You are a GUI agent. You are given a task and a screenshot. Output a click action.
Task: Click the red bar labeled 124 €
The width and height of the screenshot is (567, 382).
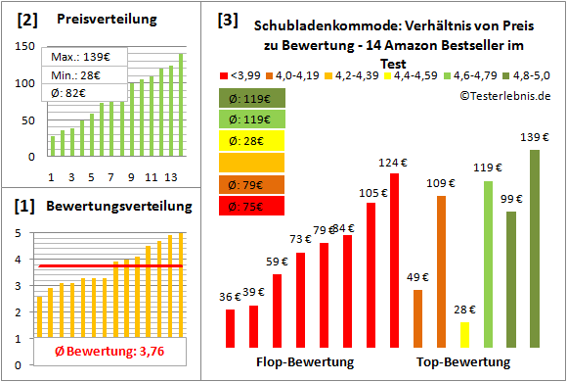tap(394, 261)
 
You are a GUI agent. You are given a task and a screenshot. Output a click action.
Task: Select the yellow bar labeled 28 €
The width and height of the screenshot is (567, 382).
tap(464, 335)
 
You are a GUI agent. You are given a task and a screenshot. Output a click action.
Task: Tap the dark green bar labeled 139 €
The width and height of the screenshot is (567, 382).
tap(535, 249)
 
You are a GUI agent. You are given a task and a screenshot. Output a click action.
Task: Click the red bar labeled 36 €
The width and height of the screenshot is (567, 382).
tap(230, 328)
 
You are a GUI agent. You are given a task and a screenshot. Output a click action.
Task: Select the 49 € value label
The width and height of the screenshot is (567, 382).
tap(417, 277)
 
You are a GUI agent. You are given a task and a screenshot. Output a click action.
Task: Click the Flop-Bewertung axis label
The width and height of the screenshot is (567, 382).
tap(305, 362)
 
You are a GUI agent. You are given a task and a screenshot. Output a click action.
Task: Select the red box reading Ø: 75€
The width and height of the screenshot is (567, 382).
tap(251, 206)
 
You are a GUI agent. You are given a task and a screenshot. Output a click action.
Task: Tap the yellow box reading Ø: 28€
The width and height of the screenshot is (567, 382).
tap(251, 141)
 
